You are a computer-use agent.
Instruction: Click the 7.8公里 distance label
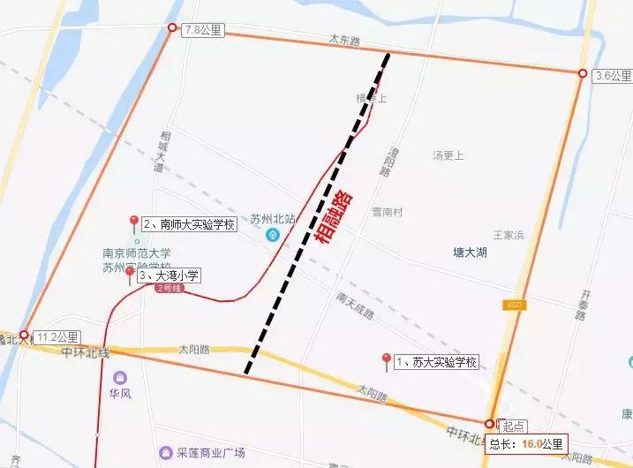[204, 30]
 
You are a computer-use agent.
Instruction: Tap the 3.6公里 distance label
[612, 75]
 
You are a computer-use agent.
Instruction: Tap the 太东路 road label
[345, 40]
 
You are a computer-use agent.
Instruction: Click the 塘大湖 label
[469, 253]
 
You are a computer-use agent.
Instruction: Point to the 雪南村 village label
[387, 213]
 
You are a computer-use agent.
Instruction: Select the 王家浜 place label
[509, 235]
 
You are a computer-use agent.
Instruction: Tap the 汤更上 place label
[448, 155]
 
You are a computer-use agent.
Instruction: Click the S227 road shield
[514, 305]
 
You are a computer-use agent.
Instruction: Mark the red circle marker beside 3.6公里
[583, 73]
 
